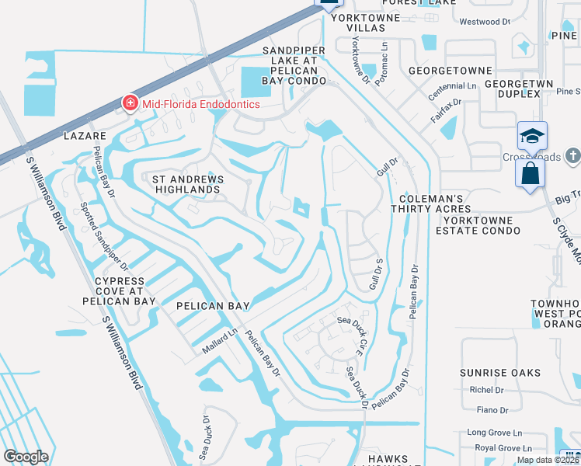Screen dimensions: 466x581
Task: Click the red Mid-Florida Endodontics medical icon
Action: (130, 103)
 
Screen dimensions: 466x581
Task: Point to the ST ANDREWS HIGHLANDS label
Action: (186, 184)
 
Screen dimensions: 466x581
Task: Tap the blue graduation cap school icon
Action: (533, 136)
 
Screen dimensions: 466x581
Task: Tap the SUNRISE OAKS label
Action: (499, 373)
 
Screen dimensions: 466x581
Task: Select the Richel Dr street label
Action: (487, 390)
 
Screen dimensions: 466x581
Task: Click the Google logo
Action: (26, 457)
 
